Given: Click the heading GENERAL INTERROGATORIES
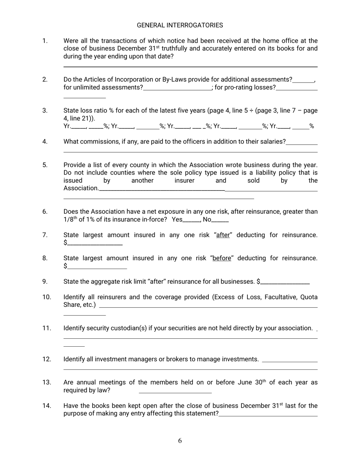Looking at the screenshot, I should pyautogui.click(x=180, y=25).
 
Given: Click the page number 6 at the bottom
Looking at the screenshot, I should pyautogui.click(x=180, y=440).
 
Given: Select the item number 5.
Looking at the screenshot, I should pyautogui.click(x=45, y=165).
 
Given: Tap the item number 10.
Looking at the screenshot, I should pyautogui.click(x=47, y=297).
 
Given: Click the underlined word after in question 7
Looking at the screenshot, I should pyautogui.click(x=223, y=235).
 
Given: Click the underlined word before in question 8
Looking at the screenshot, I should pyautogui.click(x=222, y=258).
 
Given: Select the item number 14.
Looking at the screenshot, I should pyautogui.click(x=47, y=406).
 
